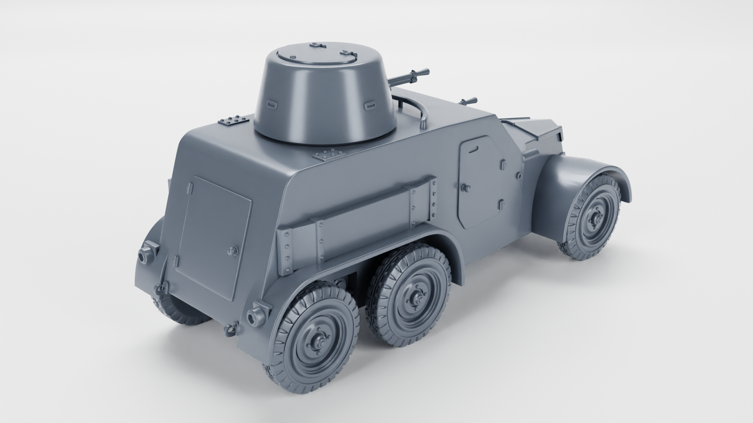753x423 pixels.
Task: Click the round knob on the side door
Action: (465, 189)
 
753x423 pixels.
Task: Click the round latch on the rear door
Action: (234, 251)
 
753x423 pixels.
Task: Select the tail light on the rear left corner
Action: (148, 250)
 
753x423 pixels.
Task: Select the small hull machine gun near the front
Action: (469, 101)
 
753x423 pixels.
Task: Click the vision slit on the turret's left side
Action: (271, 104)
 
